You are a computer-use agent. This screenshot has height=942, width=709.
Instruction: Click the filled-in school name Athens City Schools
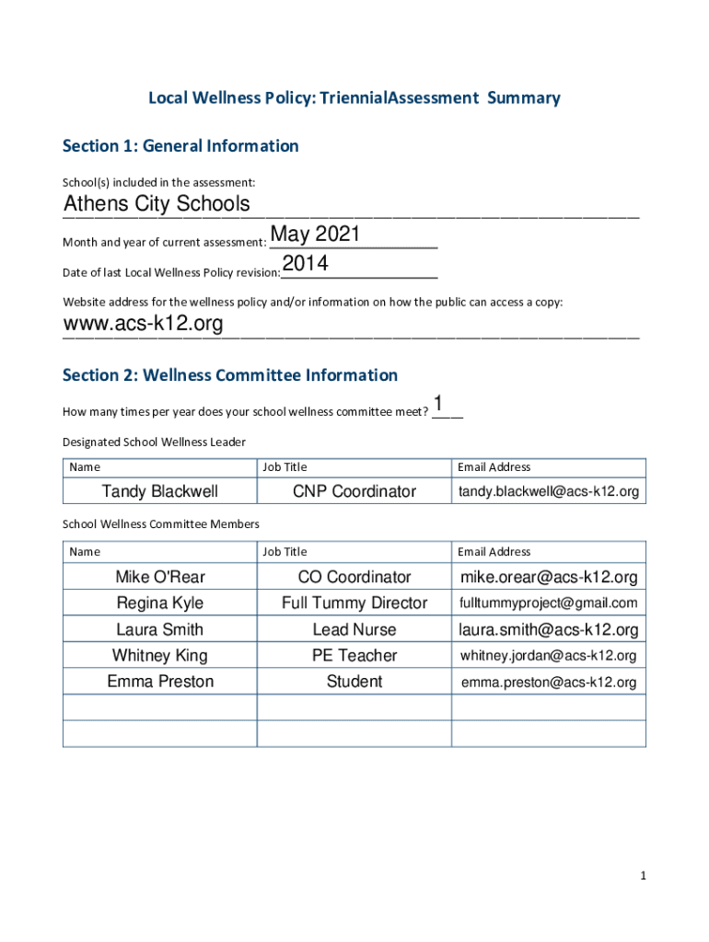pyautogui.click(x=157, y=203)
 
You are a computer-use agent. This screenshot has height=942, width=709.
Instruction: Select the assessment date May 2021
pyautogui.click(x=315, y=235)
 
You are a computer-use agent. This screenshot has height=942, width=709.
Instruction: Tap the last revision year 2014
pyautogui.click(x=305, y=265)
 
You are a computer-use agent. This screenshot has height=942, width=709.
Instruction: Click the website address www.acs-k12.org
pyautogui.click(x=143, y=324)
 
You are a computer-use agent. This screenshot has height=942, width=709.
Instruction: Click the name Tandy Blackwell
pyautogui.click(x=160, y=492)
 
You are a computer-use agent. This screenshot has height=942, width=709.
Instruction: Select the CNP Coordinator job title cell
pyautogui.click(x=354, y=492)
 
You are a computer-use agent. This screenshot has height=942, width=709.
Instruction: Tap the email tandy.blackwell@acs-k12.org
pyautogui.click(x=549, y=492)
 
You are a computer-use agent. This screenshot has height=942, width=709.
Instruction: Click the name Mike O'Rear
pyautogui.click(x=160, y=578)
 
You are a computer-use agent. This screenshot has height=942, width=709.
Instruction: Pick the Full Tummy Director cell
pyautogui.click(x=354, y=603)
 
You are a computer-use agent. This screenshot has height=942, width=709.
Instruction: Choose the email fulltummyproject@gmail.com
pyautogui.click(x=549, y=603)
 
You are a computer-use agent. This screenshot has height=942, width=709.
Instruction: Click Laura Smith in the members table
pyautogui.click(x=160, y=630)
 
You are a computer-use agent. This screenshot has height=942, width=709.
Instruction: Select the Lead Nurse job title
pyautogui.click(x=354, y=630)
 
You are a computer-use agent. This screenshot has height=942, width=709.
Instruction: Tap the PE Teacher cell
pyautogui.click(x=354, y=656)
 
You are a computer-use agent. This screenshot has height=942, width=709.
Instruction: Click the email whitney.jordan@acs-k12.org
pyautogui.click(x=549, y=656)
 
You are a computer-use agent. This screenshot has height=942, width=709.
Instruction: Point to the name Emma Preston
pyautogui.click(x=160, y=682)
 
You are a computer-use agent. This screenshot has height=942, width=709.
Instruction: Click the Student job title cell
pyautogui.click(x=354, y=682)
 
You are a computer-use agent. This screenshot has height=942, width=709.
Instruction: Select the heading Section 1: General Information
pyautogui.click(x=180, y=146)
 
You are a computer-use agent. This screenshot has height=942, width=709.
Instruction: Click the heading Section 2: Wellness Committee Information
pyautogui.click(x=230, y=375)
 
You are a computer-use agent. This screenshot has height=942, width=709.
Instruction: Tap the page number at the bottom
pyautogui.click(x=644, y=877)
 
